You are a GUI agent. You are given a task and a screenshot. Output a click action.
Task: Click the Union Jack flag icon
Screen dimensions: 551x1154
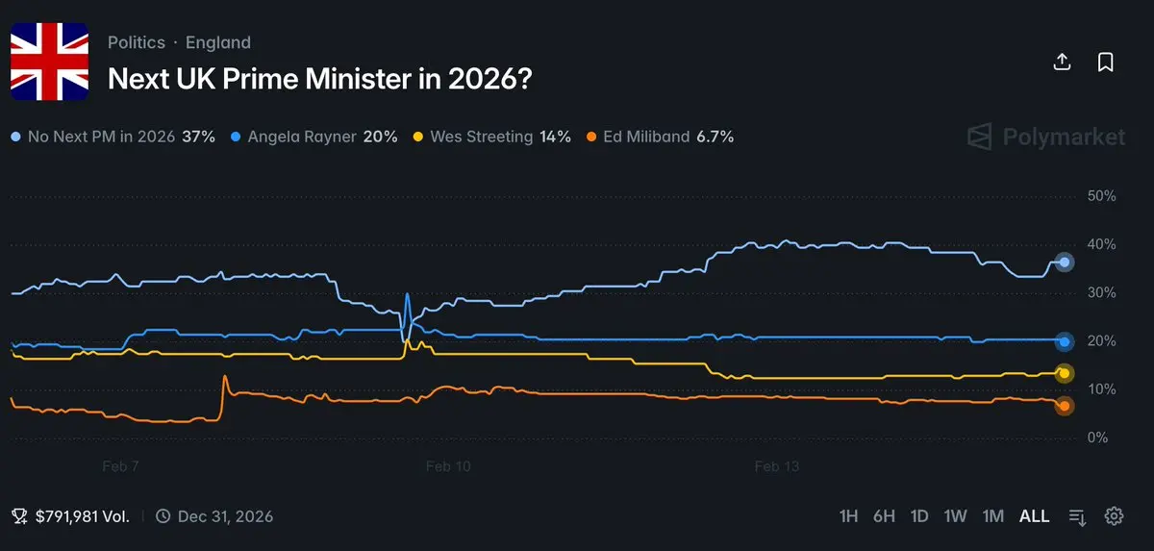point(49,62)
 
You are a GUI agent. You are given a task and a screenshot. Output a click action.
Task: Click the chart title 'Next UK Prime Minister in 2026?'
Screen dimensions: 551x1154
point(320,78)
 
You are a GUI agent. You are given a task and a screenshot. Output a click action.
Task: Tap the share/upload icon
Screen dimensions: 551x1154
point(1063,63)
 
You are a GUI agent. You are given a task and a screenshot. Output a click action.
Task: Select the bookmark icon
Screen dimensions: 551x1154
point(1106,63)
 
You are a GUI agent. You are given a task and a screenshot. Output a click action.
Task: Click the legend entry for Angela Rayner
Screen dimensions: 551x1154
point(314,137)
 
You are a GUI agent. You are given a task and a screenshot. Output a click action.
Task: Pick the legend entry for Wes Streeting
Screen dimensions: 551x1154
point(492,137)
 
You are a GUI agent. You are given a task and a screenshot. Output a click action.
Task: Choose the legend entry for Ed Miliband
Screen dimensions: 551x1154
point(661,137)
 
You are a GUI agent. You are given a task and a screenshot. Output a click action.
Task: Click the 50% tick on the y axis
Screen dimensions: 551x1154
point(1100,196)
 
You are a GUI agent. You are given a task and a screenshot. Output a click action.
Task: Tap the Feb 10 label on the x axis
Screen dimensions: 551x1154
point(448,466)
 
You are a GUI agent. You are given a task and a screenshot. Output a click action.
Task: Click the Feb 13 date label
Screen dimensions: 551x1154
point(777,466)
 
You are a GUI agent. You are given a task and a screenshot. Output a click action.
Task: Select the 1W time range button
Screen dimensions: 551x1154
point(955,516)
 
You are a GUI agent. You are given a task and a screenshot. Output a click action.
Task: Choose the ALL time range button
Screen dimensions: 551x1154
point(1035,516)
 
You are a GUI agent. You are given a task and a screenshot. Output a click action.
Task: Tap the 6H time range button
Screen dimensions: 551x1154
point(884,516)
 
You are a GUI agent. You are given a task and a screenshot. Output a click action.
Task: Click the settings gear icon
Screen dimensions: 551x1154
point(1115,516)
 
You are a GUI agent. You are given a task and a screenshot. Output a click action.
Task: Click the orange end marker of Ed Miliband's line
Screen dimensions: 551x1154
point(1065,407)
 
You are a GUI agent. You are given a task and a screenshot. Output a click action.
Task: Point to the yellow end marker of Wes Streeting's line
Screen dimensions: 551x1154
point(1065,374)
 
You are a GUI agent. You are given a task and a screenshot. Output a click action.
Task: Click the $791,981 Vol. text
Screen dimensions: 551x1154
point(82,516)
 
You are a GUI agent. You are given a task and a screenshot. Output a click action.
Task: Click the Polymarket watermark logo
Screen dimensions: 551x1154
point(1046,137)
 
